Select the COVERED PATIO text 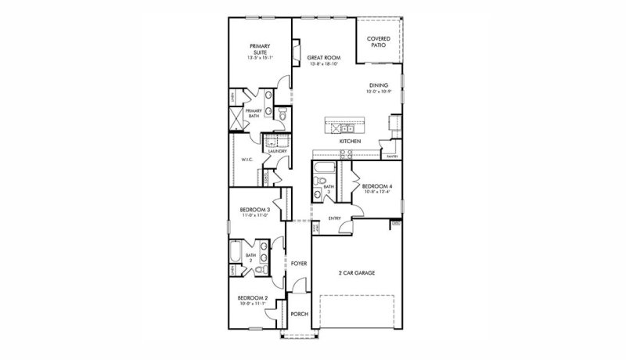point(379,41)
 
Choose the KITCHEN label point(349,141)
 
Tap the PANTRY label point(392,157)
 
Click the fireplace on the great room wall point(296,52)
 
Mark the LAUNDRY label point(278,151)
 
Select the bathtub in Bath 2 point(236,253)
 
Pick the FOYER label point(298,264)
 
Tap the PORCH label point(298,314)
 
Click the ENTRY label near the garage point(334,218)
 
